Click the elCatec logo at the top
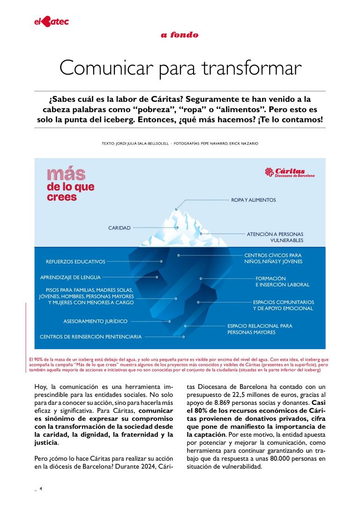click(51, 21)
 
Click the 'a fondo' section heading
click(180, 35)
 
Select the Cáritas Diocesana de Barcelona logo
click(290, 172)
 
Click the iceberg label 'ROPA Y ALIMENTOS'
click(253, 200)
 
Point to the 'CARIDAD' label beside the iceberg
click(119, 228)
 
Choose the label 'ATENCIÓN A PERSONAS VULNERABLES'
click(275, 237)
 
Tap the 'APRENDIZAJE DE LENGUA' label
click(70, 277)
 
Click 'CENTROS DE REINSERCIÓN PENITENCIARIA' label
click(90, 336)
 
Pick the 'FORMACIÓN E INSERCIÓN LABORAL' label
click(282, 281)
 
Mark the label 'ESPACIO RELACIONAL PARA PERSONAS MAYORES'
click(260, 329)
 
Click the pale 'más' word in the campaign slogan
click(66, 174)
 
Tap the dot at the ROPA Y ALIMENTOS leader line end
click(176, 209)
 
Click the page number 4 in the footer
click(41, 488)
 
